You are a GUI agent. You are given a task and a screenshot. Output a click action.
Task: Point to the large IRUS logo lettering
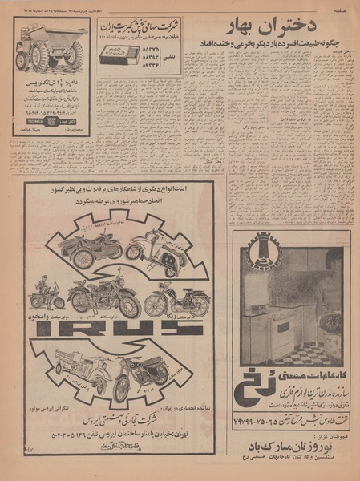point(130,331)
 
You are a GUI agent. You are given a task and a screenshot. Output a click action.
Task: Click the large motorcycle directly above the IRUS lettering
point(105,297)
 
